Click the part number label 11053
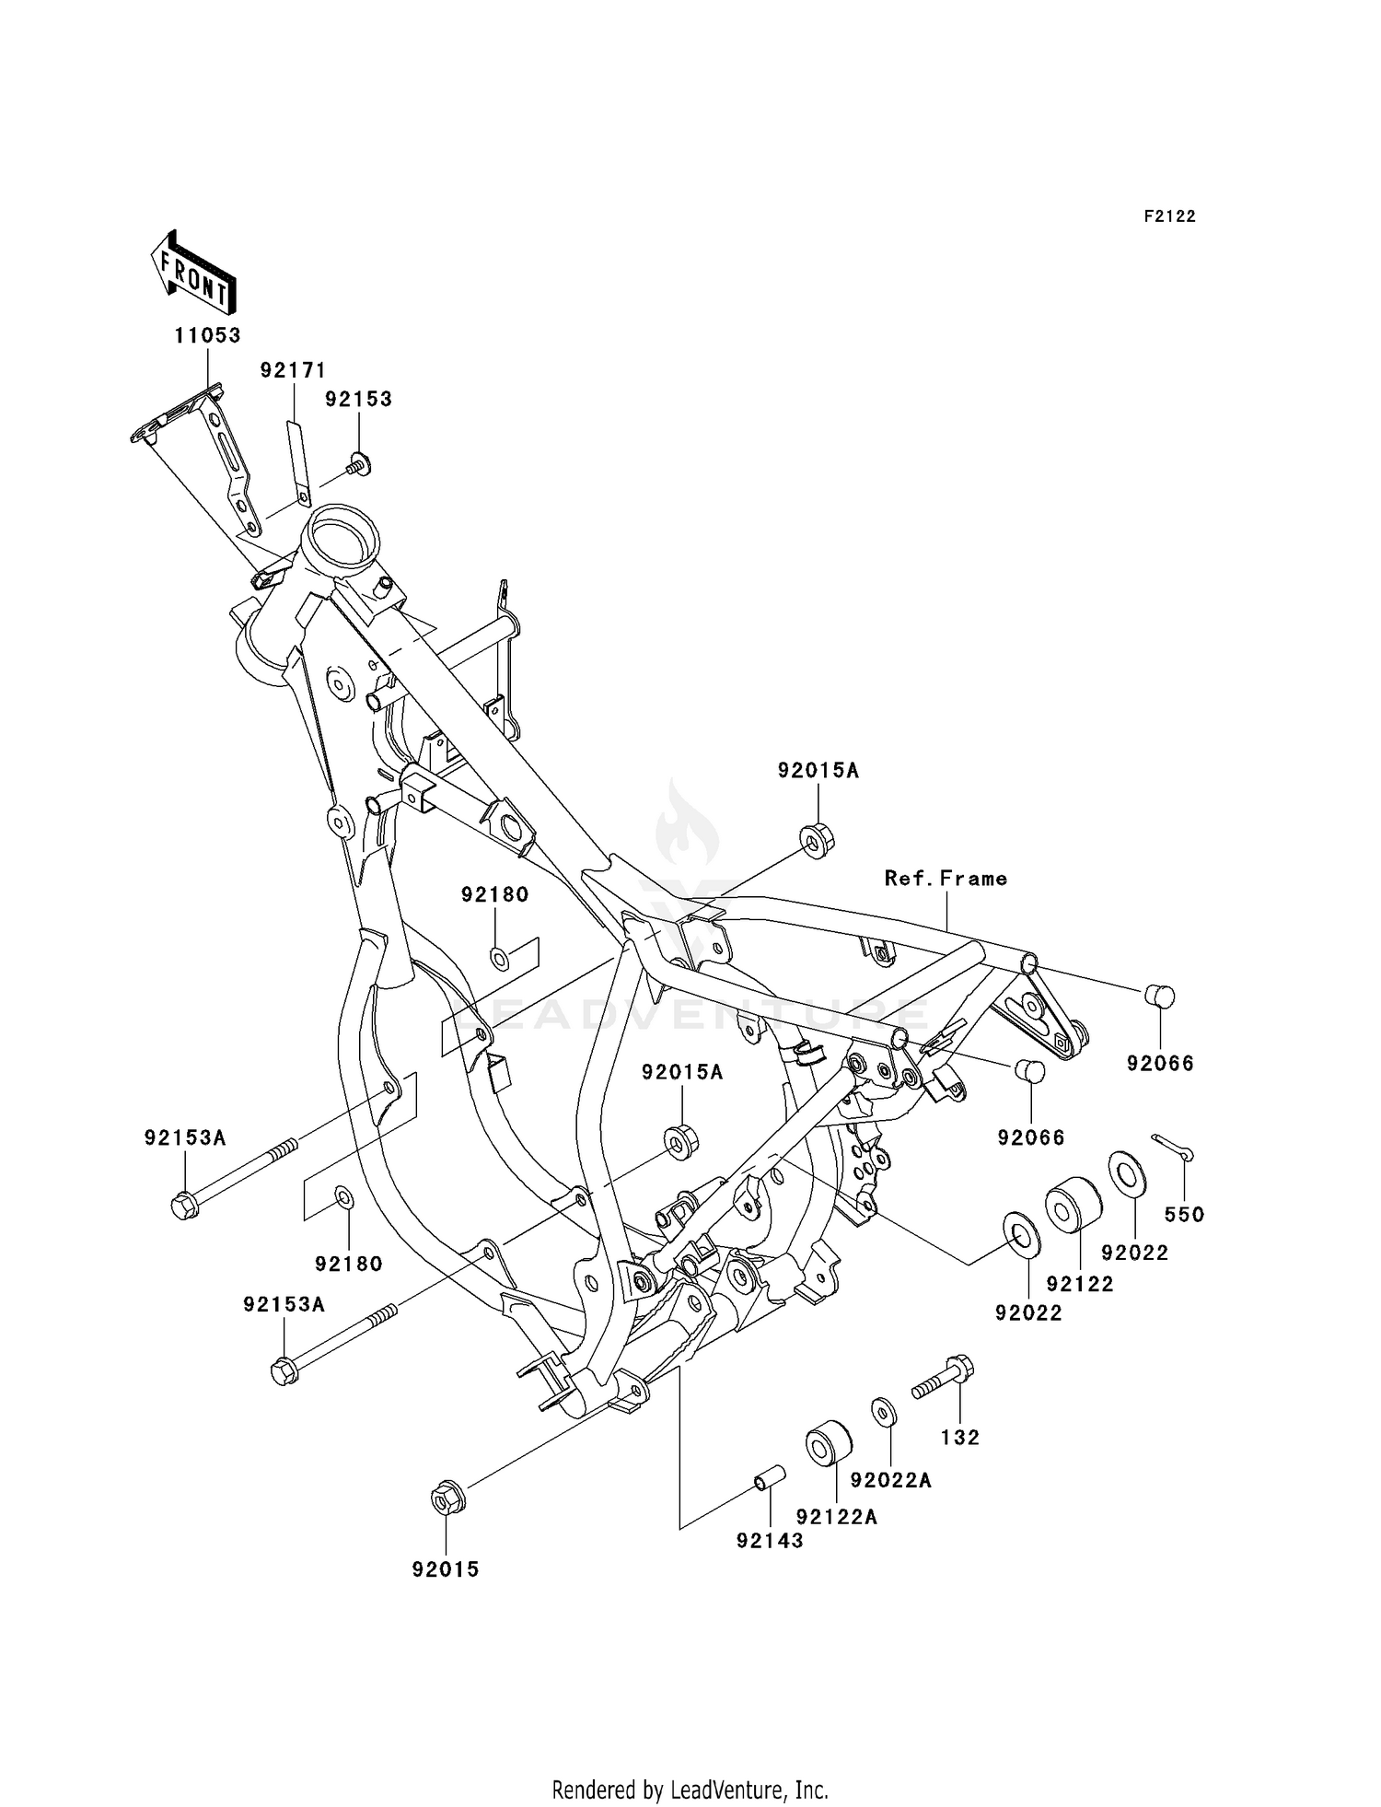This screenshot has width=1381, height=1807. [x=208, y=335]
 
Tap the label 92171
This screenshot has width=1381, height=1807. [x=293, y=370]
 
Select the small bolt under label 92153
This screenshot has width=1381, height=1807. [x=359, y=463]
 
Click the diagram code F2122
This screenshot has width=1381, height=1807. [x=1169, y=216]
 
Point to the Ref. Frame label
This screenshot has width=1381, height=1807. [x=946, y=879]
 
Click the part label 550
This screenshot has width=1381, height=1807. [x=1184, y=1215]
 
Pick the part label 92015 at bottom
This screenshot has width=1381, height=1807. [x=446, y=1569]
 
